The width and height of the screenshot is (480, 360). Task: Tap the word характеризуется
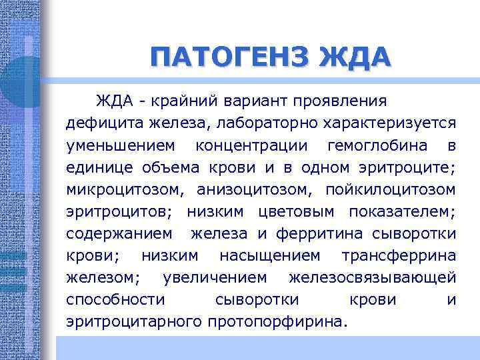[389, 123]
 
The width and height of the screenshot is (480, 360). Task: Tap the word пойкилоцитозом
[391, 189]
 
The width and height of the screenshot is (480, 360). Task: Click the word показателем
[401, 211]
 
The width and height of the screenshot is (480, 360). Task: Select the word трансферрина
[399, 255]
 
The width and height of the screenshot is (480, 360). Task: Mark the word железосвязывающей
[373, 277]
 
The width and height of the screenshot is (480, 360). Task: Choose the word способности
[115, 299]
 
